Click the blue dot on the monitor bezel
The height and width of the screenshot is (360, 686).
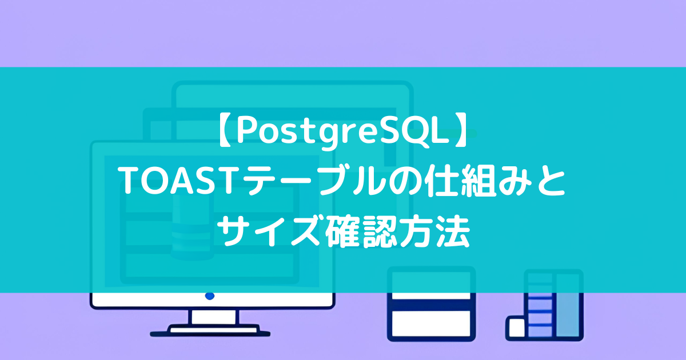tap(210, 296)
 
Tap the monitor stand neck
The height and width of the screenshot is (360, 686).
tap(214, 317)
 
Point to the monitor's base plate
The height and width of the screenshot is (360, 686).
tap(210, 331)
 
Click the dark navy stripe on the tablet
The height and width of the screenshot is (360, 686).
tap(431, 305)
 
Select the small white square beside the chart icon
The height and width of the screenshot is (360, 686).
tap(517, 327)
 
